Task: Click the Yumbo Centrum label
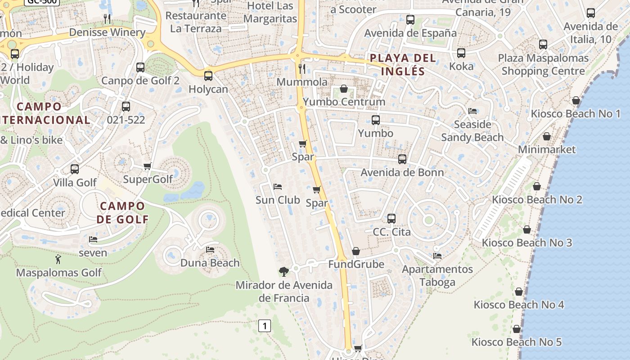344,102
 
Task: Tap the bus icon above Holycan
208,76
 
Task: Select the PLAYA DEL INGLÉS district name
403,64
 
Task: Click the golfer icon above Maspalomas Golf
58,259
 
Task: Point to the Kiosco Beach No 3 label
527,243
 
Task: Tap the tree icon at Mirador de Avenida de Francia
283,271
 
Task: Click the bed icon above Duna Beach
210,250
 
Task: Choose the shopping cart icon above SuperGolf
147,166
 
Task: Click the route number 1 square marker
265,326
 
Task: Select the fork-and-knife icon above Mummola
302,68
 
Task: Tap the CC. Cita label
391,232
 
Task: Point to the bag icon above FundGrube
356,251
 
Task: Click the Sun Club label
278,200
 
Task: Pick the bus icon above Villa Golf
75,169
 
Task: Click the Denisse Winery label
107,32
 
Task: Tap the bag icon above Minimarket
547,136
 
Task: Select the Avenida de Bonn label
402,172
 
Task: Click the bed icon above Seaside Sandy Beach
472,111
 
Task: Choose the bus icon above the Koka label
461,53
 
